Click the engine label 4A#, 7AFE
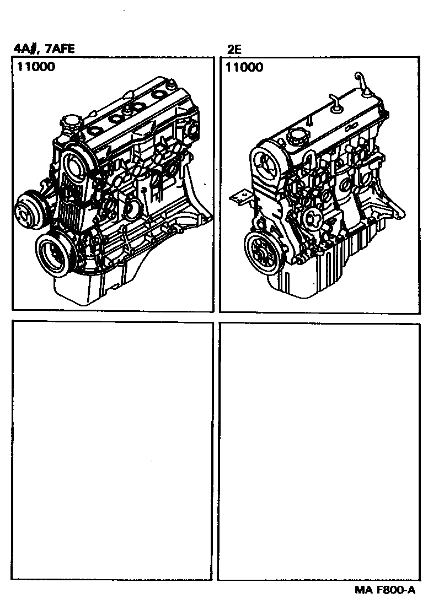(44, 48)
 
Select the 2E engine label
(234, 50)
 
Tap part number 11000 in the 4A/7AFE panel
(36, 67)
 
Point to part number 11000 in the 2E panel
(244, 67)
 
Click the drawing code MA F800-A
(385, 590)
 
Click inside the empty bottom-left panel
(112, 450)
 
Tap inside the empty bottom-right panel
(319, 451)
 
